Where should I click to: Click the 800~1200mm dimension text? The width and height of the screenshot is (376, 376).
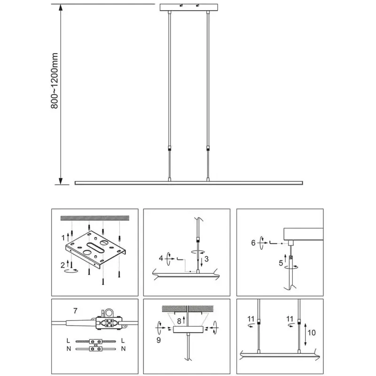click(55, 80)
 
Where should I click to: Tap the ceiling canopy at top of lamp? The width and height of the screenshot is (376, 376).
click(189, 7)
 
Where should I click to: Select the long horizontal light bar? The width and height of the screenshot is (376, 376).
click(189, 183)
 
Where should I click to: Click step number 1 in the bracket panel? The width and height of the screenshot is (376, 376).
click(63, 238)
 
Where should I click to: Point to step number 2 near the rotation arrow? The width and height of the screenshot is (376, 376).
click(63, 265)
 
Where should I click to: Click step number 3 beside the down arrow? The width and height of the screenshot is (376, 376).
click(206, 259)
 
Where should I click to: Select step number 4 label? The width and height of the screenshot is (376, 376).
click(161, 258)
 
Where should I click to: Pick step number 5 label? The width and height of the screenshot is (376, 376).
click(281, 263)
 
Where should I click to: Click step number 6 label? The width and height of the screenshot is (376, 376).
click(253, 243)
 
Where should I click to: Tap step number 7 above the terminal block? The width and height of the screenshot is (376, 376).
click(75, 311)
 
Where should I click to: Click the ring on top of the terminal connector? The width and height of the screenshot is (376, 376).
click(109, 313)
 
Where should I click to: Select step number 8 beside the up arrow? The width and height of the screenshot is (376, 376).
click(179, 321)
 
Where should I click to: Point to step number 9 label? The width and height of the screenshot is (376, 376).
click(158, 340)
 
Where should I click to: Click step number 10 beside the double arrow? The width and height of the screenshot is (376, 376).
click(312, 333)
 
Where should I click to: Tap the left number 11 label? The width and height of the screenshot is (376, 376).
click(251, 319)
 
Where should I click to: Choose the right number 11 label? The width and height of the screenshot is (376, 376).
click(290, 319)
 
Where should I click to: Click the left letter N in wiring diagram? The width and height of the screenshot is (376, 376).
click(69, 349)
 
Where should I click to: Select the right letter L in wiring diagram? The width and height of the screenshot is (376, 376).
click(123, 340)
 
